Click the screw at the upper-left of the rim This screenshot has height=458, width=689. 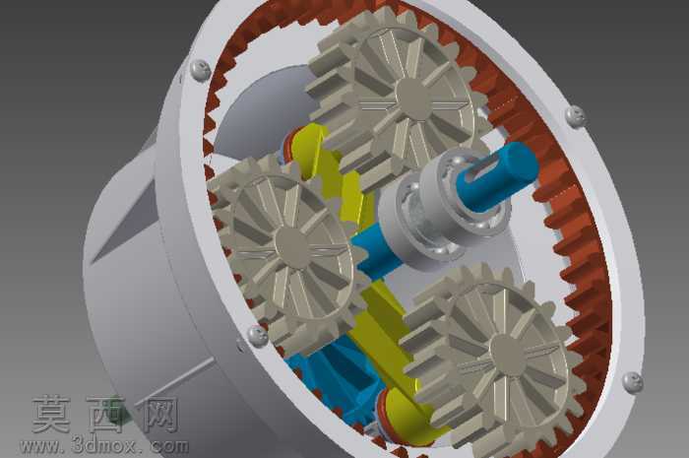click(x=200, y=70)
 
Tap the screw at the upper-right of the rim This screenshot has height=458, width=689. click(x=574, y=116)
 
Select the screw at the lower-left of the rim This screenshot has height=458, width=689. click(x=258, y=336)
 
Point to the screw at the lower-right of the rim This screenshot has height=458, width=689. click(x=632, y=382)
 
